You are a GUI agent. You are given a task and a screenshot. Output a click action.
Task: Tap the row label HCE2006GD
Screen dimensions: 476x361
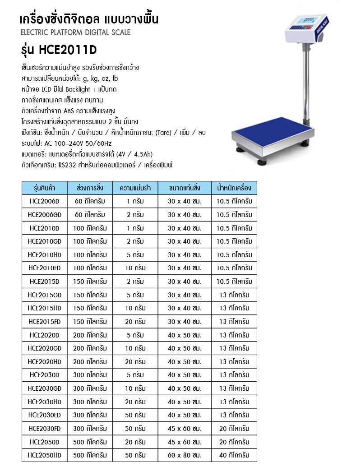tap(44, 214)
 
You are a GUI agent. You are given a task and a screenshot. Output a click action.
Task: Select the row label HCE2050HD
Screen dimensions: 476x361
tap(44, 455)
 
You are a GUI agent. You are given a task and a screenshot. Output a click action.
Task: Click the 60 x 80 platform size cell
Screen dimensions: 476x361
tap(185, 455)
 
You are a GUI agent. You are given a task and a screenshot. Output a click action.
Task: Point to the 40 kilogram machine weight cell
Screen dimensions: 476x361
tap(234, 455)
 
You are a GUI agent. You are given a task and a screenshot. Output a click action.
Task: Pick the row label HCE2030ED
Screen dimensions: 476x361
tap(44, 415)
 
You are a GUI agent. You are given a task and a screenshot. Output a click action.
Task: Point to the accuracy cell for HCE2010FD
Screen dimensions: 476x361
tap(135, 268)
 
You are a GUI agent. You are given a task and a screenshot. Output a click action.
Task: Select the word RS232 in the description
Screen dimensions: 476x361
tap(67, 165)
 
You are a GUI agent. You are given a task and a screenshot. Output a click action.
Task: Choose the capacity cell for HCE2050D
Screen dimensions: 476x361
tap(90, 442)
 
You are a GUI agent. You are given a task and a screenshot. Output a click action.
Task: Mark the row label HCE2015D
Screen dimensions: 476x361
tap(44, 282)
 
